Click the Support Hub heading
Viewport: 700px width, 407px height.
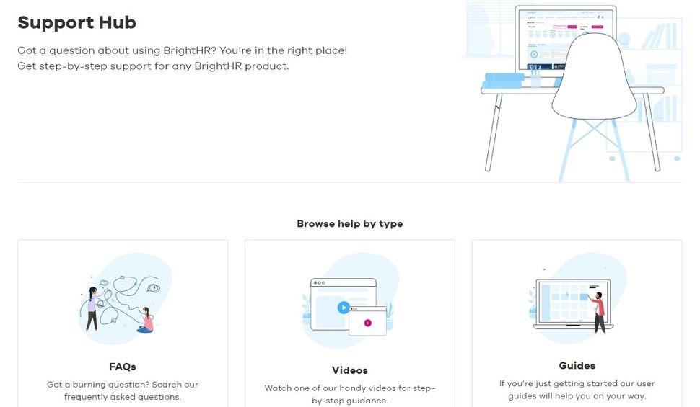pos(76,22)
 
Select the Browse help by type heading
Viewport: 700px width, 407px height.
pos(350,223)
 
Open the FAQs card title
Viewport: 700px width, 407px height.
pos(122,366)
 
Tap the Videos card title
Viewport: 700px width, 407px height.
pos(350,370)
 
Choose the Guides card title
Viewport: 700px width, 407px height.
pos(577,365)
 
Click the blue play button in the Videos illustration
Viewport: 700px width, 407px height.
pos(344,308)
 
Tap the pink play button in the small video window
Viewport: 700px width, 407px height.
pos(367,323)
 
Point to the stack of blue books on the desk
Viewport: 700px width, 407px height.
pos(504,80)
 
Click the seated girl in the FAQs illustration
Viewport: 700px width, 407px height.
pos(147,320)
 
